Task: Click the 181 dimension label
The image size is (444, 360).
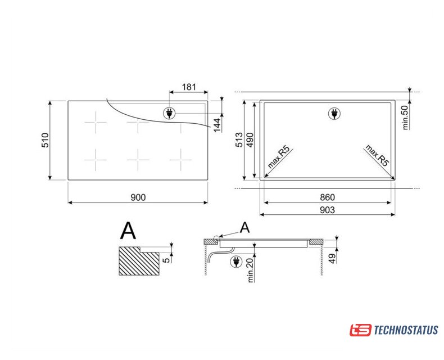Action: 189,87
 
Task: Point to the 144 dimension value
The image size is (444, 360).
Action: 217,125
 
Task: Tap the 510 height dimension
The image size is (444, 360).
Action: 46,140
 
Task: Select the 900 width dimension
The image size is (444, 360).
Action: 138,197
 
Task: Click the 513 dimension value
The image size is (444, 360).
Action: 239,139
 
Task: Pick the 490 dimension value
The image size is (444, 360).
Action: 250,139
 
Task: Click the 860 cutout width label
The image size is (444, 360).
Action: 327,197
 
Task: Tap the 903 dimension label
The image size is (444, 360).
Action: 327,210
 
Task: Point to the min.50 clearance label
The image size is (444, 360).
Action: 405,118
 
